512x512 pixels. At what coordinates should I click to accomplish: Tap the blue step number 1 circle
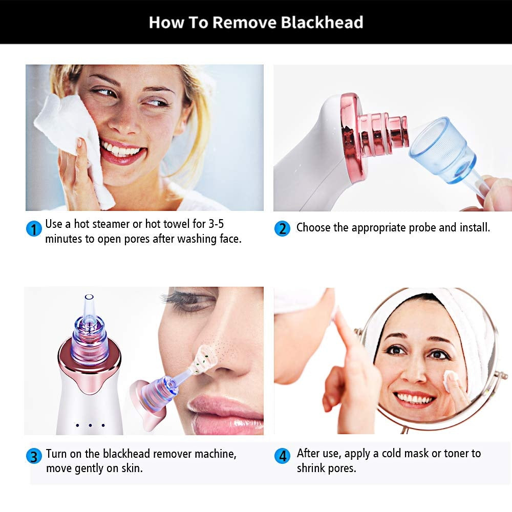(34, 228)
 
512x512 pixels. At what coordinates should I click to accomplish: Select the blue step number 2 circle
(282, 228)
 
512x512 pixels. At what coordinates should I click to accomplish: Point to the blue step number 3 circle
(34, 456)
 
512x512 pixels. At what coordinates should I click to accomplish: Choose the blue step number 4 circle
(282, 456)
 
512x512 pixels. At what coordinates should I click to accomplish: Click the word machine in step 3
(217, 454)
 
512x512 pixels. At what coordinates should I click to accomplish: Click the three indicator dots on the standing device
(90, 425)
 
